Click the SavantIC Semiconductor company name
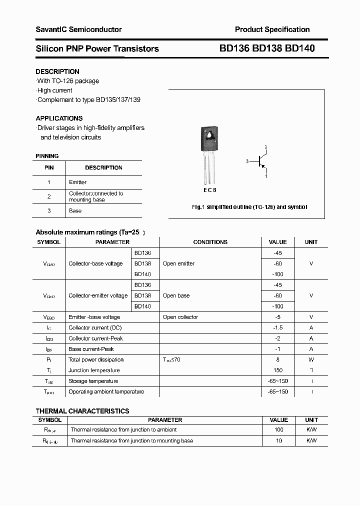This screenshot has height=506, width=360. (x=78, y=29)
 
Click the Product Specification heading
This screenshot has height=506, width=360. (x=272, y=29)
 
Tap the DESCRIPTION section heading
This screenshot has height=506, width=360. (x=57, y=71)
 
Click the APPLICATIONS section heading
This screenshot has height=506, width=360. (x=59, y=118)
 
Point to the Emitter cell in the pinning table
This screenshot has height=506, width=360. (x=77, y=182)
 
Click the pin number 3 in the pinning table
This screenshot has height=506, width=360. (x=49, y=211)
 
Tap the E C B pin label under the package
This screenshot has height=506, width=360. (x=210, y=190)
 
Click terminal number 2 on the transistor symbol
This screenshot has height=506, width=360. (x=266, y=146)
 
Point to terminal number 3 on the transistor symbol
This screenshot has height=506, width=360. (x=247, y=161)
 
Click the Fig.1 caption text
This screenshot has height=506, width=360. (x=249, y=207)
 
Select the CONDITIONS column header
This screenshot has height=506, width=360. (x=210, y=242)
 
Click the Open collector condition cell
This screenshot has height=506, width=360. (x=180, y=317)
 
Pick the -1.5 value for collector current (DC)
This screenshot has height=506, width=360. (x=278, y=327)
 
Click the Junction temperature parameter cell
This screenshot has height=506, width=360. (x=94, y=370)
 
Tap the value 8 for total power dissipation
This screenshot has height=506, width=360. (x=278, y=359)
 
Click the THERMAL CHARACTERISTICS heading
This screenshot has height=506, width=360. (x=82, y=411)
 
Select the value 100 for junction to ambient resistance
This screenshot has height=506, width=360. (x=279, y=429)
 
